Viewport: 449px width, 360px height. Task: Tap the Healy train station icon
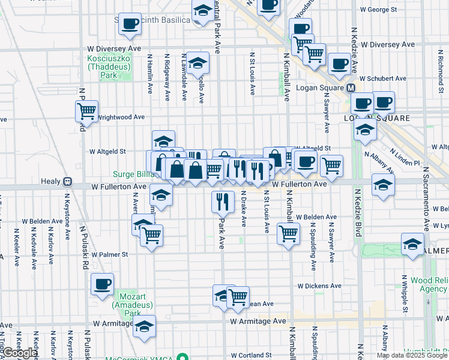point(68,181)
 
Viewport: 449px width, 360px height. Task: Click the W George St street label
point(378,10)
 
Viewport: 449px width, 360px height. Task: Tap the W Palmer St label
point(109,254)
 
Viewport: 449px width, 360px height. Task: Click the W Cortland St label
point(255,355)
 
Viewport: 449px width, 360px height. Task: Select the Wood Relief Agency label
point(430,284)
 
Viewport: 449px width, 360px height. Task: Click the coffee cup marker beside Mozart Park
point(102,283)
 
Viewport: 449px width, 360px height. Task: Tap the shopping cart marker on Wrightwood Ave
point(87,111)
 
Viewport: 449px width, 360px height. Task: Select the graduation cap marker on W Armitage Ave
point(144,326)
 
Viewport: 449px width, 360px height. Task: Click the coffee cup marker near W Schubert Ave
point(339,63)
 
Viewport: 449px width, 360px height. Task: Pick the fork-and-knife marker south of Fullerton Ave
point(223,200)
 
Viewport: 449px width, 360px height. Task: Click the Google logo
point(19,353)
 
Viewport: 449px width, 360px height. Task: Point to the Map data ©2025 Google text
point(412,355)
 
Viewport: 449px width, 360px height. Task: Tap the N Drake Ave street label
point(244,208)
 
